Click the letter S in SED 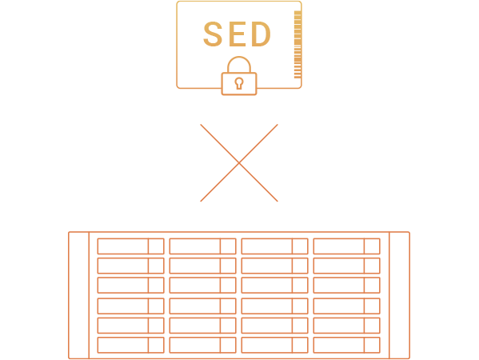[213, 34]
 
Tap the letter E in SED [237, 34]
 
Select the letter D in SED [261, 34]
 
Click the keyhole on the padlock [239, 83]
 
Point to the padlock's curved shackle [239, 58]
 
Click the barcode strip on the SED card [297, 45]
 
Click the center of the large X [239, 163]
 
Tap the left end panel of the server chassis [79, 295]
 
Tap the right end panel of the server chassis [400, 295]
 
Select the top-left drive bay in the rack [131, 246]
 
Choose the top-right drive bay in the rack [347, 246]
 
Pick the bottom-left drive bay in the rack [131, 345]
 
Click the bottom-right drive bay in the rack [347, 345]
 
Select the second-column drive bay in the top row [203, 246]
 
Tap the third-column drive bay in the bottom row [274, 345]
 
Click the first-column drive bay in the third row [131, 285]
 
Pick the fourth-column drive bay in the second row [347, 266]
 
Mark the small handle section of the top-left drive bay [156, 246]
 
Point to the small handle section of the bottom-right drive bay [372, 345]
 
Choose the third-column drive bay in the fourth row [274, 306]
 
